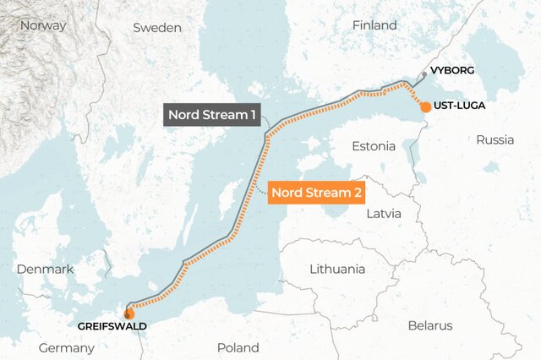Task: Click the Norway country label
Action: [x=43, y=25]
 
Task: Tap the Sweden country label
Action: [x=157, y=28]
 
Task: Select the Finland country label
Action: [x=374, y=25]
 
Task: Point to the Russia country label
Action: [x=495, y=139]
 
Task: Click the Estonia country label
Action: [x=374, y=146]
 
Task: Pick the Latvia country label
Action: [x=390, y=214]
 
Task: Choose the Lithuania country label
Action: [x=337, y=269]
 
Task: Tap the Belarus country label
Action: [x=429, y=325]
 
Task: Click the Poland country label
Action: [x=238, y=347]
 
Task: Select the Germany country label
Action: [x=66, y=348]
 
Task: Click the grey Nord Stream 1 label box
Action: [x=212, y=115]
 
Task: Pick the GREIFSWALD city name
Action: [x=112, y=325]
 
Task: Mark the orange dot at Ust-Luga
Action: [x=425, y=107]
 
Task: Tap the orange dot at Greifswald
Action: [x=128, y=314]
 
